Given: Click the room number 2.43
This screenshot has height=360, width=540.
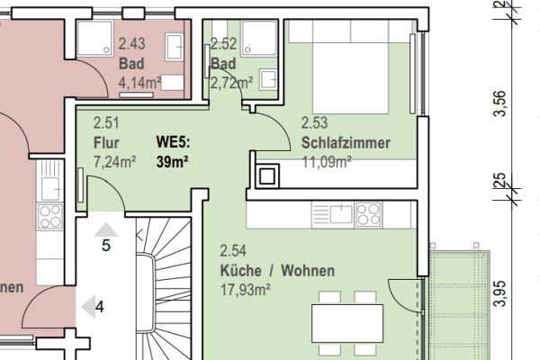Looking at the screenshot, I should click(131, 42).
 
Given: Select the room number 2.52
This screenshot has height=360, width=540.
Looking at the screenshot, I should click(222, 42).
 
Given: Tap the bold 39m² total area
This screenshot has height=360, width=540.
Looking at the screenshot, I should click(173, 161).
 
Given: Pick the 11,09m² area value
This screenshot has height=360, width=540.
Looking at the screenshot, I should click(326, 161).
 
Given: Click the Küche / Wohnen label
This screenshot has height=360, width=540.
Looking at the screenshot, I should click(277, 271).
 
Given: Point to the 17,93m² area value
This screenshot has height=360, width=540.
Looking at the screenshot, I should click(246, 289).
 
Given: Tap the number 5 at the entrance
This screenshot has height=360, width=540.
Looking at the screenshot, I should click(105, 245).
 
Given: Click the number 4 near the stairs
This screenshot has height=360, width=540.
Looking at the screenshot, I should click(100, 306).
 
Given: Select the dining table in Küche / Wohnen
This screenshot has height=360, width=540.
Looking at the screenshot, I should click(349, 320).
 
